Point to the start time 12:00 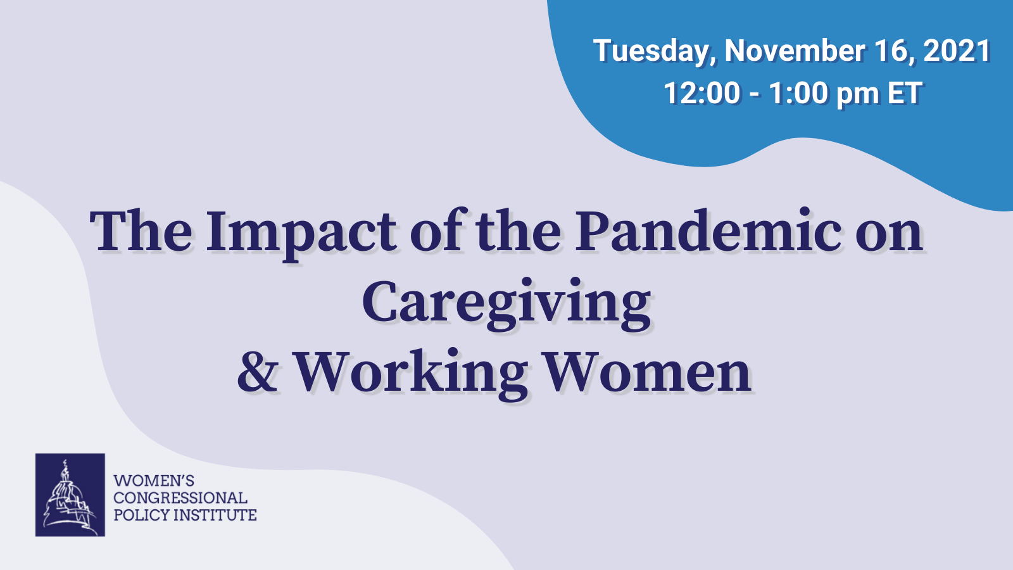702,93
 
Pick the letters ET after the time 905,93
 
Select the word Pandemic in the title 708,230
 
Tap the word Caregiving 507,304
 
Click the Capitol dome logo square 70,495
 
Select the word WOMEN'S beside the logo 154,481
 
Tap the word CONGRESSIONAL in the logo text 180,498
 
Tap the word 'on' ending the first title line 889,236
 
